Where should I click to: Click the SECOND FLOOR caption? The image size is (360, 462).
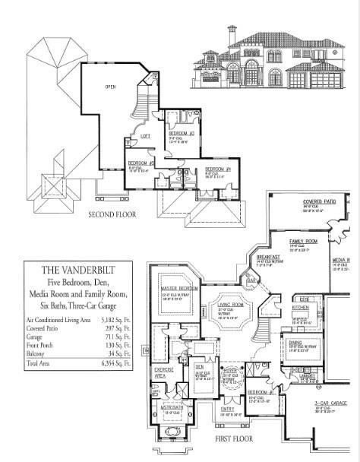pos(112,214)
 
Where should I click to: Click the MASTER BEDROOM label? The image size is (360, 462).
pos(179,290)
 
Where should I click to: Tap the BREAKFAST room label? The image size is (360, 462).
pos(267,257)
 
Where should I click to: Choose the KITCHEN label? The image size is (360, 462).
pos(299,309)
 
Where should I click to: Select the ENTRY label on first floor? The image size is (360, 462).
pos(227,408)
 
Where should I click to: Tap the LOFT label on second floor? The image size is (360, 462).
pos(144,135)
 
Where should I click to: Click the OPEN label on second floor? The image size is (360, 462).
pos(109,87)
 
